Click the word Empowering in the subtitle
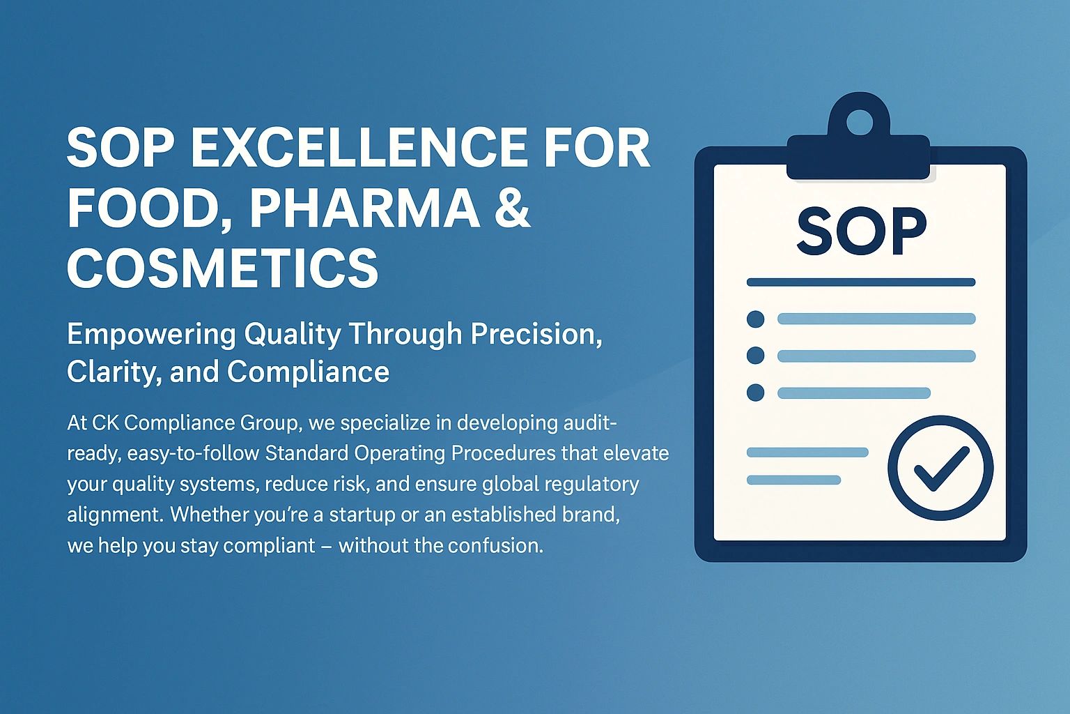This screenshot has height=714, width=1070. point(151,335)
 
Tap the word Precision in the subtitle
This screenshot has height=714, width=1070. point(536,334)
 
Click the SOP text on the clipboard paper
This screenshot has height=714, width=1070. point(861,232)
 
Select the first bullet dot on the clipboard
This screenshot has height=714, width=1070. point(755,319)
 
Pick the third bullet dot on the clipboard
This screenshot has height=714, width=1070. point(755,393)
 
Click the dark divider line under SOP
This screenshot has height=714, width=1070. point(861,282)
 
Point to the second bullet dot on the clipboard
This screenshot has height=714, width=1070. point(755,356)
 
